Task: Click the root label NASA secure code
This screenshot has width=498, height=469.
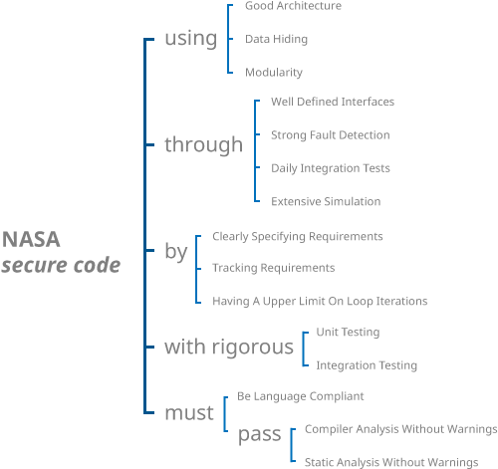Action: pyautogui.click(x=61, y=253)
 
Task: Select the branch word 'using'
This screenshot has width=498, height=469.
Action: pyautogui.click(x=190, y=38)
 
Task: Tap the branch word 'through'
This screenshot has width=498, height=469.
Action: pyautogui.click(x=203, y=145)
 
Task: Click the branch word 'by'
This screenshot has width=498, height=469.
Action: pyautogui.click(x=176, y=252)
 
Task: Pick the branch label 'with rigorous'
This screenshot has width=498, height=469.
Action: pyautogui.click(x=229, y=348)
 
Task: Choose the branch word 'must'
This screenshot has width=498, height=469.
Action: pyautogui.click(x=189, y=412)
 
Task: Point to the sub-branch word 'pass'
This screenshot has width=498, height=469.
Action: pyautogui.click(x=259, y=434)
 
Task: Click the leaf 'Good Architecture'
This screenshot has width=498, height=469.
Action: pyautogui.click(x=293, y=6)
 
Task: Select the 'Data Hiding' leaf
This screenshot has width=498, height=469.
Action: pyautogui.click(x=276, y=39)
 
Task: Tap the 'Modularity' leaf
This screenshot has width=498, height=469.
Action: pyautogui.click(x=274, y=73)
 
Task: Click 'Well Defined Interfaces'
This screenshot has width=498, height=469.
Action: pyautogui.click(x=333, y=102)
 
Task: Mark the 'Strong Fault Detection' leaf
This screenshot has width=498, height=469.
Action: pyautogui.click(x=330, y=134)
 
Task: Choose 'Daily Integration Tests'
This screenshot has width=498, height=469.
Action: pyautogui.click(x=331, y=168)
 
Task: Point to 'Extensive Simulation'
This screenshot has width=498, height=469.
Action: pyautogui.click(x=326, y=201)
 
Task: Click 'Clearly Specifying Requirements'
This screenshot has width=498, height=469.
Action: pyautogui.click(x=298, y=237)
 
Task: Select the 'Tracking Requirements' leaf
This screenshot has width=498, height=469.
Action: pyautogui.click(x=274, y=268)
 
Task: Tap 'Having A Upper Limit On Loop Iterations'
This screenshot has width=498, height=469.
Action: pyautogui.click(x=320, y=301)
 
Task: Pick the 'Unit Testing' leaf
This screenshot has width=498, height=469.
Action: pyautogui.click(x=348, y=332)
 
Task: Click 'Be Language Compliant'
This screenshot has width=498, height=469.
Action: pyautogui.click(x=301, y=396)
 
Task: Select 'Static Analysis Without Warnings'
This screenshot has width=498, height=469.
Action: pyautogui.click(x=391, y=462)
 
